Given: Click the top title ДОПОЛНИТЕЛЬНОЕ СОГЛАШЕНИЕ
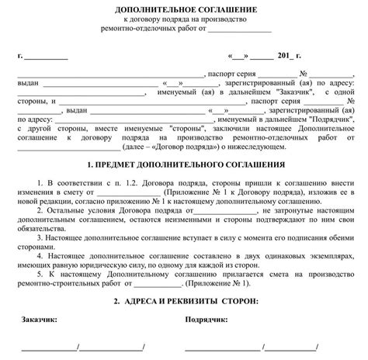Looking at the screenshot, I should [x=184, y=8].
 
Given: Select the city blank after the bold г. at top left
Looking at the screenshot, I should [x=46, y=57].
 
